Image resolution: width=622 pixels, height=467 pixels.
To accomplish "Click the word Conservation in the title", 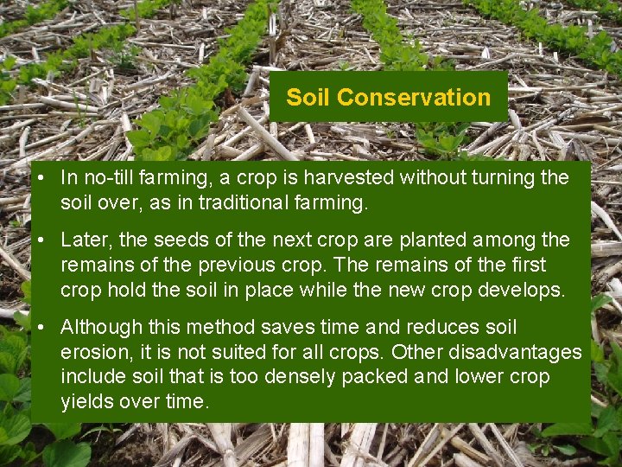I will tap(414, 97).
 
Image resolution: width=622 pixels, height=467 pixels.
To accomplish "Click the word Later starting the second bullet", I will tap(85, 240).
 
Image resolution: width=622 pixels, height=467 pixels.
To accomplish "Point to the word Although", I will tap(98, 328).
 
